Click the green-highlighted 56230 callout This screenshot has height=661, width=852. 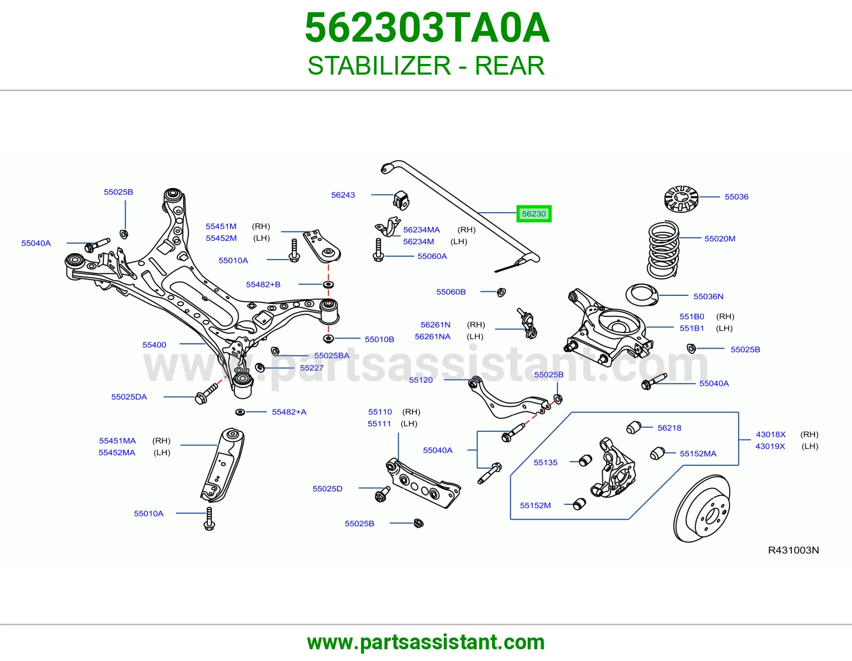pyautogui.click(x=534, y=214)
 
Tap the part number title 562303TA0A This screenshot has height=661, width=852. pyautogui.click(x=427, y=28)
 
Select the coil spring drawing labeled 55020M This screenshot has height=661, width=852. pyautogui.click(x=662, y=249)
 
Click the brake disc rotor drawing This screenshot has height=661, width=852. pyautogui.click(x=702, y=509)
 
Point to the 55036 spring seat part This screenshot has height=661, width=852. pyautogui.click(x=681, y=199)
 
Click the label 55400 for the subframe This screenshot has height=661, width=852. pyautogui.click(x=154, y=345)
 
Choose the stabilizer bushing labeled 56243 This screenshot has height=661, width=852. pyautogui.click(x=401, y=200)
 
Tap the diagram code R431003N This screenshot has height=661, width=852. pyautogui.click(x=793, y=550)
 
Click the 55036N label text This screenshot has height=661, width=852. pyautogui.click(x=708, y=296)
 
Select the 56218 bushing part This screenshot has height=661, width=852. pyautogui.click(x=633, y=428)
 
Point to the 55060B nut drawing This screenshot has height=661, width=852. pyautogui.click(x=501, y=292)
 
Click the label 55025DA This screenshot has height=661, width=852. pyautogui.click(x=129, y=397)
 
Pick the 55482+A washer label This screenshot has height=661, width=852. pyautogui.click(x=289, y=412)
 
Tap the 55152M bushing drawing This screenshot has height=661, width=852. pyautogui.click(x=579, y=504)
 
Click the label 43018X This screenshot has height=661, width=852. pyautogui.click(x=771, y=434)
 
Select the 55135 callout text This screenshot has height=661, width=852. pyautogui.click(x=545, y=462)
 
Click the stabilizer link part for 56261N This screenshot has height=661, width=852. pyautogui.click(x=527, y=324)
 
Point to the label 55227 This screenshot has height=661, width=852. pyautogui.click(x=312, y=368)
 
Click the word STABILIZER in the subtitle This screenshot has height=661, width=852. pyautogui.click(x=379, y=66)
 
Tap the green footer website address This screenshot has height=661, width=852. pyautogui.click(x=426, y=642)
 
